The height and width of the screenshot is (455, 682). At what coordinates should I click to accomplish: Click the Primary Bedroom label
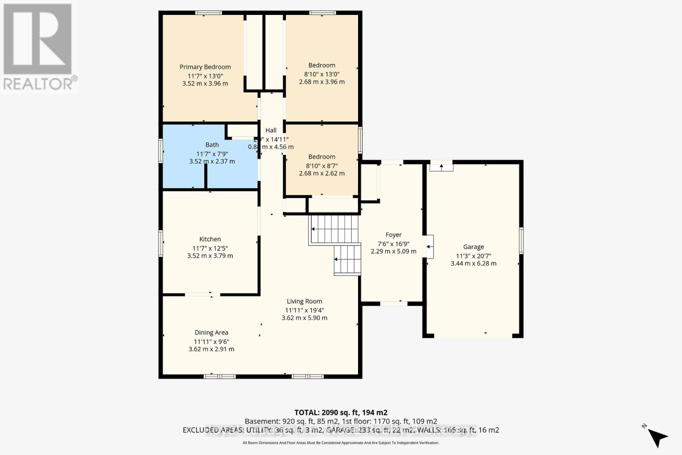[205, 67]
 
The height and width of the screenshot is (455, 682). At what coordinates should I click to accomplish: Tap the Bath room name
[212, 145]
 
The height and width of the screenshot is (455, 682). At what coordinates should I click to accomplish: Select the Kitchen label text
[210, 239]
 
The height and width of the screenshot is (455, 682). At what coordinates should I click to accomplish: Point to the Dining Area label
[211, 333]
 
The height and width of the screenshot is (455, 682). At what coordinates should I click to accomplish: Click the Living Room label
[304, 301]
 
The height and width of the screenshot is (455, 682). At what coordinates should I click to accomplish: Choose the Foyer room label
[393, 235]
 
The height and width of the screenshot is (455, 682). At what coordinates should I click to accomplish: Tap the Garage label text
[474, 247]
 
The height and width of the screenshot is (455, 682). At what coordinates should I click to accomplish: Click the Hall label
[271, 130]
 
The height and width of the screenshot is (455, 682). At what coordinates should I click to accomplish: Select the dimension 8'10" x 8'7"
[322, 165]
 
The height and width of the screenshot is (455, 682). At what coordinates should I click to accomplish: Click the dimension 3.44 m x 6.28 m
[474, 264]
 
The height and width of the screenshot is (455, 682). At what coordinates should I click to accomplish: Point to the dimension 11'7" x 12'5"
[210, 248]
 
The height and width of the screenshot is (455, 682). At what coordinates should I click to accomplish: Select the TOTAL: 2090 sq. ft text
[341, 412]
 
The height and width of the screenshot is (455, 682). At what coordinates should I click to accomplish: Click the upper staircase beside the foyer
[334, 229]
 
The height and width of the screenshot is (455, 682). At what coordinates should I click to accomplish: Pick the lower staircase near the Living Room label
[347, 260]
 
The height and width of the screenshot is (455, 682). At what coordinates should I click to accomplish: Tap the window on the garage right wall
[521, 241]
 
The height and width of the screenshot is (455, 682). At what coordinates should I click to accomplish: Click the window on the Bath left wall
[161, 151]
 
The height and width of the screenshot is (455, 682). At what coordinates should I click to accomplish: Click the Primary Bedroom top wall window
[208, 13]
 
